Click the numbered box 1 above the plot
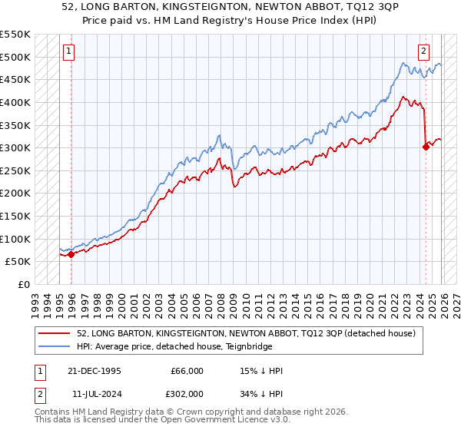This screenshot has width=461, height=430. tap(69, 51)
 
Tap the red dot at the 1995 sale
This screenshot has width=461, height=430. tap(71, 254)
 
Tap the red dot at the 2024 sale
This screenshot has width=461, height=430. tap(426, 147)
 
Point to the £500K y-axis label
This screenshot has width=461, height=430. tap(15, 57)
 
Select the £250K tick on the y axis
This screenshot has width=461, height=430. tap(15, 170)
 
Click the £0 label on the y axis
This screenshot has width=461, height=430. tap(22, 284)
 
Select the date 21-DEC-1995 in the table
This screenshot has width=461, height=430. tap(95, 371)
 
